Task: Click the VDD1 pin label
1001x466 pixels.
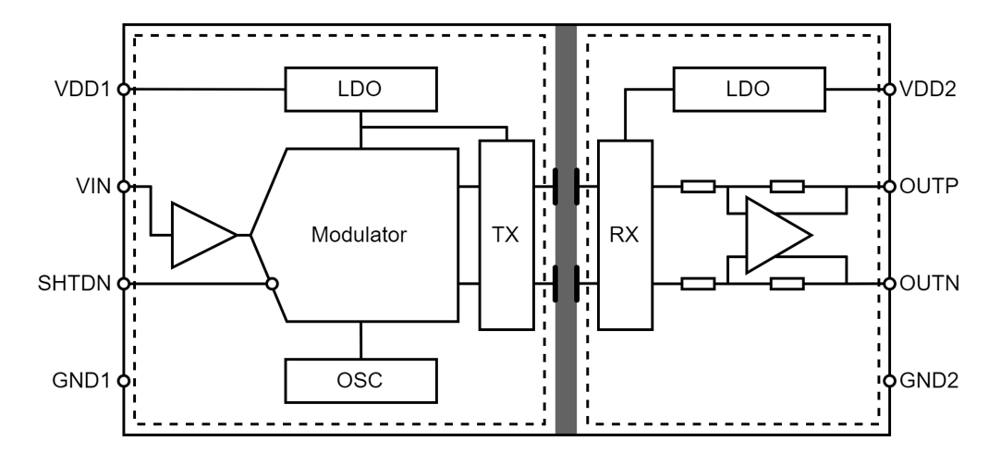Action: coord(83,90)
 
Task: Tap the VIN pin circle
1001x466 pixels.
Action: coord(124,187)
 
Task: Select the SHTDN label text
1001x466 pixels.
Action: coord(74,284)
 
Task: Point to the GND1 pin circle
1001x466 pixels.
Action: coord(124,381)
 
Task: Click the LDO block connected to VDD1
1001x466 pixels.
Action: coord(360,90)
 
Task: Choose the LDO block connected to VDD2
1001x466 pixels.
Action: coord(749,90)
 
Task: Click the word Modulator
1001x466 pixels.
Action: coord(359,235)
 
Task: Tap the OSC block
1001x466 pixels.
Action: coord(360,381)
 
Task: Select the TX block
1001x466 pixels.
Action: coord(507,235)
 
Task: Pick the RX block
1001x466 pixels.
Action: coord(625,235)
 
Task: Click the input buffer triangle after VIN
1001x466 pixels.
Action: coord(203,235)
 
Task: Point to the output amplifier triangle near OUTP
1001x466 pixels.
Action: coord(779,235)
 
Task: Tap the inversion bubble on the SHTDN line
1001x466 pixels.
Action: coord(272,284)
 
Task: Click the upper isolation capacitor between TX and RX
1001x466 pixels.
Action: coord(567,187)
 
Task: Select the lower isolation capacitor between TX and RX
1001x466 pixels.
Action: coord(567,284)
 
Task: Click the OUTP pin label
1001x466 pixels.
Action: coord(929,187)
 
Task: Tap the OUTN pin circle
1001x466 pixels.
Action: coord(889,284)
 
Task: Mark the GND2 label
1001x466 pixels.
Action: coord(929,381)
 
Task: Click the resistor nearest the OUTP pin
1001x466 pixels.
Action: coord(787,187)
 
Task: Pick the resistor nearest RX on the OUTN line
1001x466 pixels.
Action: coord(698,284)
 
